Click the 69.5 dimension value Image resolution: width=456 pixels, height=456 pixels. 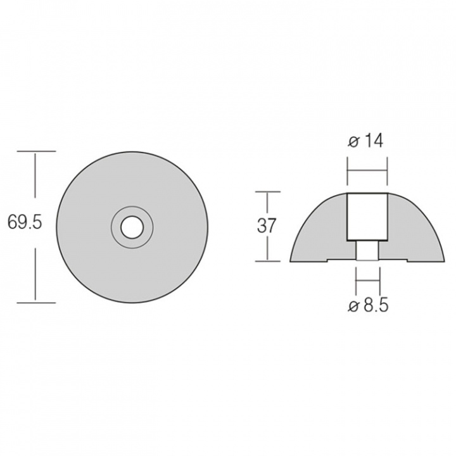[x=24, y=222]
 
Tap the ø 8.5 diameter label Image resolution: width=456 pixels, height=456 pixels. [x=369, y=306]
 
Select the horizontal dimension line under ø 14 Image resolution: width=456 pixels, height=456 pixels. [x=367, y=169]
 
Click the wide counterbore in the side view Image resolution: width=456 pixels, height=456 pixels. [x=367, y=217]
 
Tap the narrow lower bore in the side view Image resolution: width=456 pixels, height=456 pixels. [x=368, y=251]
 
